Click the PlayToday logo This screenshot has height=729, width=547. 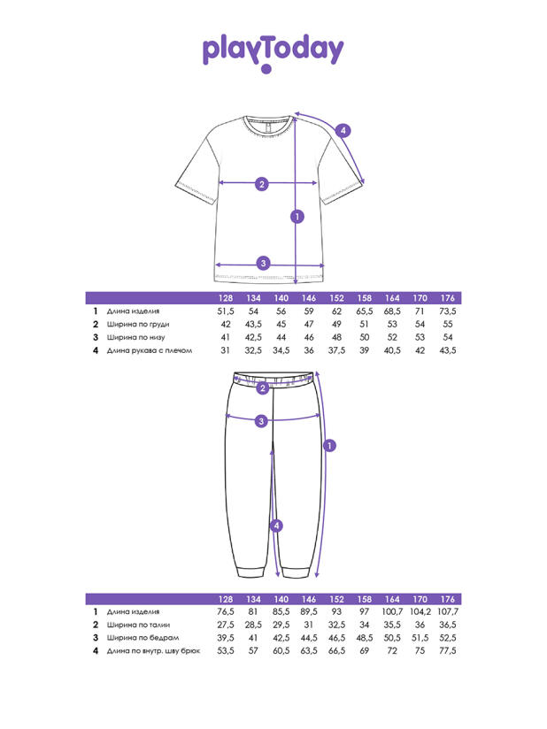click(x=273, y=50)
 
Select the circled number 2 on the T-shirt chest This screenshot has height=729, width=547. click(x=261, y=184)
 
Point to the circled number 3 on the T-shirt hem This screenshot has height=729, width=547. click(x=262, y=263)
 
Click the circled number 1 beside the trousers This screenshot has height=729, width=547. click(x=329, y=446)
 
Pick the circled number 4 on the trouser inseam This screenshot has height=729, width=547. click(x=277, y=526)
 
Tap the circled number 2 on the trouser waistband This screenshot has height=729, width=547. click(x=262, y=388)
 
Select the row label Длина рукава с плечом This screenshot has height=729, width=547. click(x=148, y=350)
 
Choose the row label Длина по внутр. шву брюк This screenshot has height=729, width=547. click(x=152, y=650)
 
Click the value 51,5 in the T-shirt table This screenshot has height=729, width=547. click(x=226, y=311)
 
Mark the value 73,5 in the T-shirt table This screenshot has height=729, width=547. click(x=448, y=311)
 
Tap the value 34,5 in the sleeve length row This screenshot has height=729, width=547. click(x=281, y=350)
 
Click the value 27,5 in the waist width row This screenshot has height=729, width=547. click(x=226, y=625)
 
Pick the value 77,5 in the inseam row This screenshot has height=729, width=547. click(x=448, y=650)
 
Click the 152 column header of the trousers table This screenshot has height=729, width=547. click(x=336, y=598)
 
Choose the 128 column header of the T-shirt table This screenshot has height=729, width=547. click(x=226, y=298)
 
